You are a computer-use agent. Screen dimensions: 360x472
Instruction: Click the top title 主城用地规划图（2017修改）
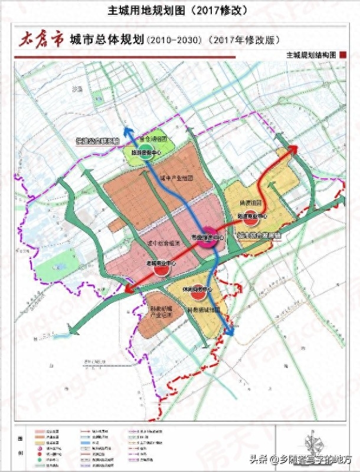coord(179,11)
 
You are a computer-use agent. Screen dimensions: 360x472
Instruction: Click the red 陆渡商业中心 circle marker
coord(251,216)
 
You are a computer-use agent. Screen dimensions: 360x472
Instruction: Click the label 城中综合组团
coord(160,244)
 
